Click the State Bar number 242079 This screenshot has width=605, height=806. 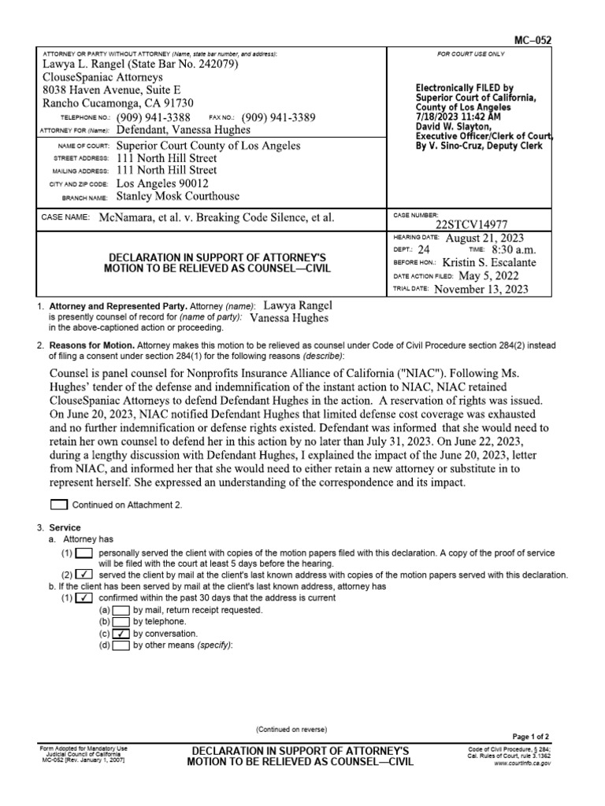pos(203,64)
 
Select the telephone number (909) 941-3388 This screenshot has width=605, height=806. pos(154,117)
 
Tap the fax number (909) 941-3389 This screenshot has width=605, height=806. pos(278,117)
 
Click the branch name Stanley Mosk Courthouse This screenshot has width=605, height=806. pos(178,196)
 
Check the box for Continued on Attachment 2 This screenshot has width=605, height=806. pos(59,505)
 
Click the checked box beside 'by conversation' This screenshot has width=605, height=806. pos(121,633)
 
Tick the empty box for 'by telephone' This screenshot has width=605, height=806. pos(121,621)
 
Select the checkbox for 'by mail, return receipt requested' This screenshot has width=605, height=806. pos(121,610)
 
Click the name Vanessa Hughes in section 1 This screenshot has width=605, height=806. pos(288,318)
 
